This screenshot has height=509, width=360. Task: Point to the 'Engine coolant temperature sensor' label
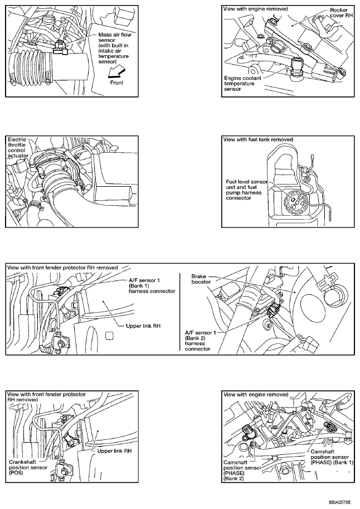pos(240,84)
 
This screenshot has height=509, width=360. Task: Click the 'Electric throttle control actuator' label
pos(20,148)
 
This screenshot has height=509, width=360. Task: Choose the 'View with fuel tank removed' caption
pos(257,139)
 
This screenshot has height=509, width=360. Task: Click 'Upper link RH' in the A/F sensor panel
pos(143,327)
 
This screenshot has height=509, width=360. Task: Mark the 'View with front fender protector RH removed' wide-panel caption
pos(63,268)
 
